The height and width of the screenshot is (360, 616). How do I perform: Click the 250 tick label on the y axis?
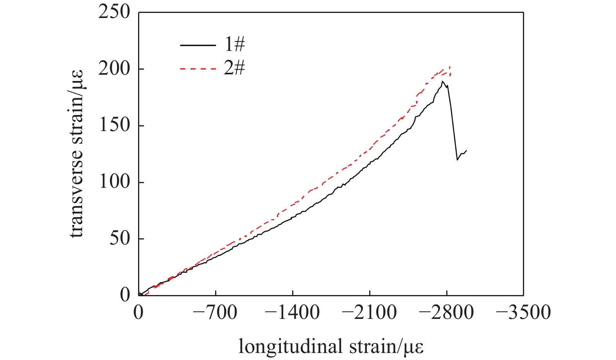tap(114, 13)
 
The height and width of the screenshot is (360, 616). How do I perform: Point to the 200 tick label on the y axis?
tap(114, 69)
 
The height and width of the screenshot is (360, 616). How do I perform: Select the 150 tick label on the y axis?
tap(114, 126)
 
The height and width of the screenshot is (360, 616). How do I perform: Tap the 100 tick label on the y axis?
tap(114, 182)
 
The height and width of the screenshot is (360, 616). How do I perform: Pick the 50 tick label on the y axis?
tap(119, 239)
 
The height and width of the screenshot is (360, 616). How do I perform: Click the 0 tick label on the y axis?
tap(125, 295)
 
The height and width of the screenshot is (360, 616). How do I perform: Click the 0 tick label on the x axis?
tap(138, 313)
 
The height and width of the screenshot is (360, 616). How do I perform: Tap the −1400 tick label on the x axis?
tap(292, 313)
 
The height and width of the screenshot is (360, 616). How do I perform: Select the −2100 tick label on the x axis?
tap(369, 313)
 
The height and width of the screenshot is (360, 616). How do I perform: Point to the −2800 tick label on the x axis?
tap(446, 313)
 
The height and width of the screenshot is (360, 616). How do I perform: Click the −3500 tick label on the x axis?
tap(523, 313)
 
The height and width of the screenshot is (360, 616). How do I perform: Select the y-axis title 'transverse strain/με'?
tap(77, 154)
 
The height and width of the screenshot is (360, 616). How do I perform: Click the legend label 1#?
tap(234, 45)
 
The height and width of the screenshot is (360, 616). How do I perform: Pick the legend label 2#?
tap(234, 69)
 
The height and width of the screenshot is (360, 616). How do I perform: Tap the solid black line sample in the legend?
tap(198, 45)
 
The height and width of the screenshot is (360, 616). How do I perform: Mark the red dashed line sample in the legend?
tap(198, 69)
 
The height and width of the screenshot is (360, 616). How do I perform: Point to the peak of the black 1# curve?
tap(442, 81)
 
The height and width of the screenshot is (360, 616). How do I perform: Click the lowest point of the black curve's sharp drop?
tap(457, 160)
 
